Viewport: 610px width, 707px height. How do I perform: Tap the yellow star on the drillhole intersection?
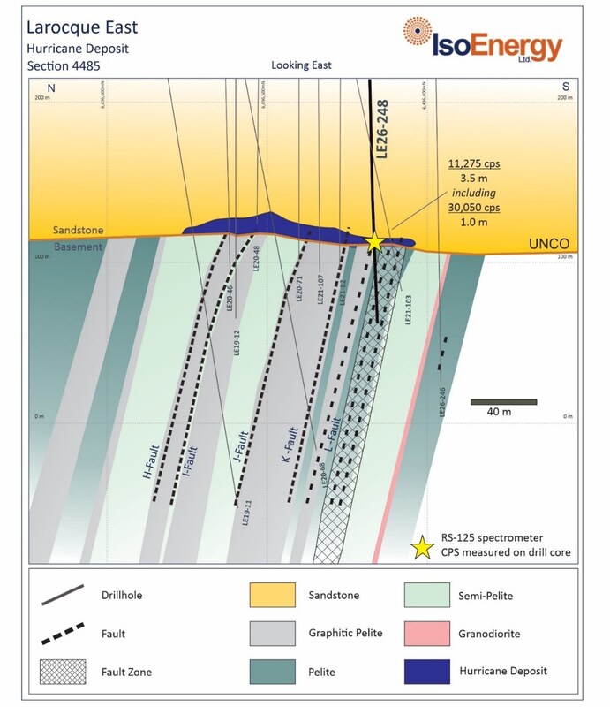pos(374,241)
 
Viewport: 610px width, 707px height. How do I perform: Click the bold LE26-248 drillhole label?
pos(382,132)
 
